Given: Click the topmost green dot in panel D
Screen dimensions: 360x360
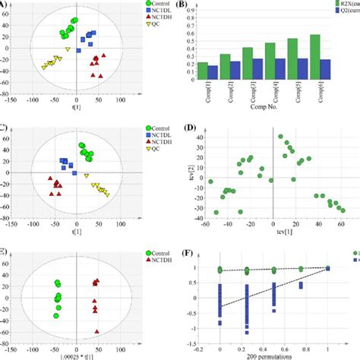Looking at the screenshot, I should coord(280,137).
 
